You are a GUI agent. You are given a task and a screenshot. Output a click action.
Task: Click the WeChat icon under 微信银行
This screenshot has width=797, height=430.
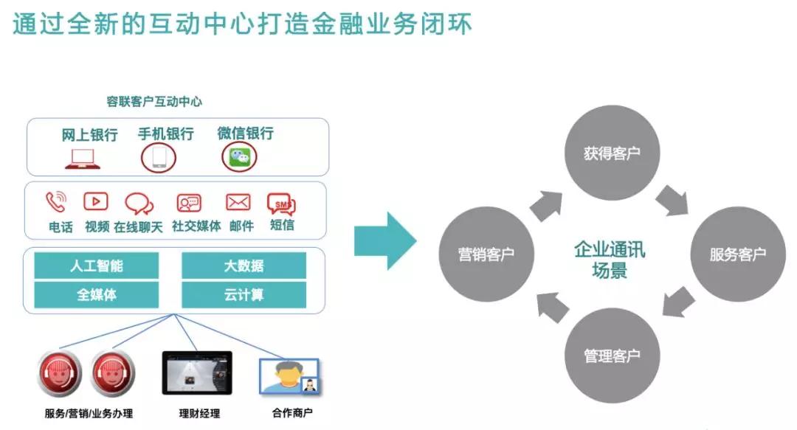point(239,157)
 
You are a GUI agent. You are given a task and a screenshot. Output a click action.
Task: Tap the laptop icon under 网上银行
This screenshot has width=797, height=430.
point(83,159)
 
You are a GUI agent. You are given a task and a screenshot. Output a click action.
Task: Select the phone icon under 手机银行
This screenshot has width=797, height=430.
point(159,158)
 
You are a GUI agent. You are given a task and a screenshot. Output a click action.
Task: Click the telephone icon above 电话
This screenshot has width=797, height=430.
point(56,202)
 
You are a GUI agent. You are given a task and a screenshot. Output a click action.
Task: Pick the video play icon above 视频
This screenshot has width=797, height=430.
point(95,202)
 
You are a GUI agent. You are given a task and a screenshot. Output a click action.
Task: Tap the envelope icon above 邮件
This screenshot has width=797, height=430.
point(238,202)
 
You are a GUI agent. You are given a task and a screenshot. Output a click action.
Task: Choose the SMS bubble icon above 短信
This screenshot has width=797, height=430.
point(282,204)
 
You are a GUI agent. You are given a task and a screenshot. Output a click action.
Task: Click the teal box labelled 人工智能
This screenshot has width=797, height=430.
point(97,266)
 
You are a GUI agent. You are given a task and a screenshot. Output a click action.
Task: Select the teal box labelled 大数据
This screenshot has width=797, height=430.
point(244,266)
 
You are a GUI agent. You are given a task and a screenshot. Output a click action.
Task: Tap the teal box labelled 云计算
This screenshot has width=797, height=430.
point(244,295)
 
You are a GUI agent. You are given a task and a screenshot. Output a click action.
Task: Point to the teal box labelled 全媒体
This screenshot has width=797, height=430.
point(97,295)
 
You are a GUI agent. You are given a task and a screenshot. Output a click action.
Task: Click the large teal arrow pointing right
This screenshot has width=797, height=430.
point(385,241)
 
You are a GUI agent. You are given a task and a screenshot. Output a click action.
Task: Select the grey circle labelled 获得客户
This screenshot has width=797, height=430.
point(612,153)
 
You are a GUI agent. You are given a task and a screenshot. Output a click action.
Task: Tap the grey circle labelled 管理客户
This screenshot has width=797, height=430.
point(612,356)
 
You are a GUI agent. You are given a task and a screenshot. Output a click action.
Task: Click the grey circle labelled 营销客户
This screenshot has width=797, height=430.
point(486,254)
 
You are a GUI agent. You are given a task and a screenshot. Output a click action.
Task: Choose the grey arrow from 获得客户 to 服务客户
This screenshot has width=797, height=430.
point(672,201)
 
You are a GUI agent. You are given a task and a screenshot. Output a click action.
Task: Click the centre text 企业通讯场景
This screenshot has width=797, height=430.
point(610,260)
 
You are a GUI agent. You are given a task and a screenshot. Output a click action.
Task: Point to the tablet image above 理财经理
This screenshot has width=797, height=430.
point(197,373)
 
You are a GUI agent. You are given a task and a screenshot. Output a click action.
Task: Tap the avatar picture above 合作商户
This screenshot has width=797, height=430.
point(289,377)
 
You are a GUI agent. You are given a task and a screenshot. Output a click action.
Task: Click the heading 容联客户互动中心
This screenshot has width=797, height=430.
point(154,102)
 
